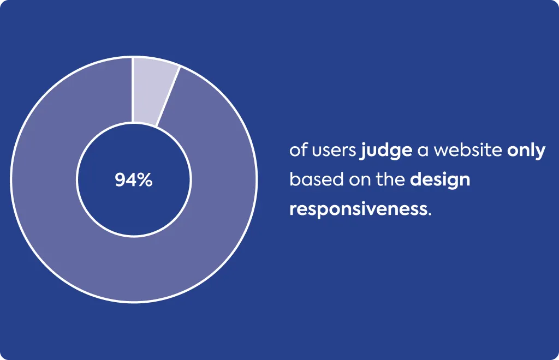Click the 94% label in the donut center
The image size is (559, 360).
coord(134,180)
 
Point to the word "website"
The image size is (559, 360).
coord(468,150)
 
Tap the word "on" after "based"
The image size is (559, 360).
coord(360,181)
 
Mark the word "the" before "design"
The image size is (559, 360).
coord(390,179)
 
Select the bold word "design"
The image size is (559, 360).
coord(440,180)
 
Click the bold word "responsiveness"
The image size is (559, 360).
coord(358,209)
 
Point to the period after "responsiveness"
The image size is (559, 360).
coord(430,214)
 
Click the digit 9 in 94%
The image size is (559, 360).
coord(120,180)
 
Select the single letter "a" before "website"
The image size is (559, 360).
coord(423,151)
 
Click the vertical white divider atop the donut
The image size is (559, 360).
coord(133,90)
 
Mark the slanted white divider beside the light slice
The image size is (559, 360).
coord(168,96)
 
